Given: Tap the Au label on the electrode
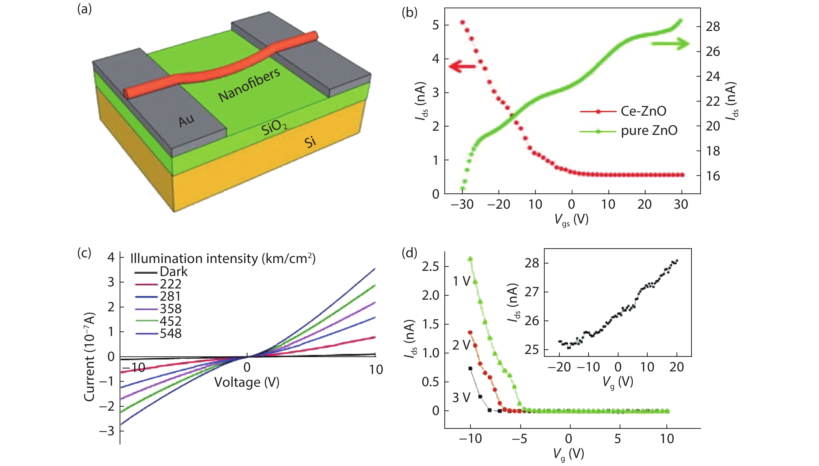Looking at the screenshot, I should point(186,121).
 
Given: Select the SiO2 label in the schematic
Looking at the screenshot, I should point(274,127).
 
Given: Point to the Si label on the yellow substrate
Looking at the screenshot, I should point(310,142).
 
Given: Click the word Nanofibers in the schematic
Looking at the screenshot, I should point(249,85).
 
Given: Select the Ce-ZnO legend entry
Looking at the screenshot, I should point(643,111).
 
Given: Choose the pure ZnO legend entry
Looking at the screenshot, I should point(649,130).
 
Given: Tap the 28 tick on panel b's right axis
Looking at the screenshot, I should point(713,26).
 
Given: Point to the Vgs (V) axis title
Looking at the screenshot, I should point(571,220).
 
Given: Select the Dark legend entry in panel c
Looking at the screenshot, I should point(173,272).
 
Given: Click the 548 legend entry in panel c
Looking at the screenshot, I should point(170,333).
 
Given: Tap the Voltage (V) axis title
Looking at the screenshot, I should point(246,382).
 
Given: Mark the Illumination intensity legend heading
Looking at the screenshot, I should point(223,258).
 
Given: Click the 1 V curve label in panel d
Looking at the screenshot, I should point(461,281).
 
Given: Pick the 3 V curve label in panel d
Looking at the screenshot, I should point(461,397).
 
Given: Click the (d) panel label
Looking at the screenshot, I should point(409,253).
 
